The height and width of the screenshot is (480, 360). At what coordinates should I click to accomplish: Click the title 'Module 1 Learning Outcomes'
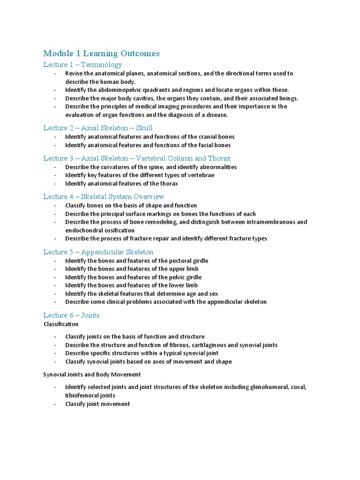point(101,53)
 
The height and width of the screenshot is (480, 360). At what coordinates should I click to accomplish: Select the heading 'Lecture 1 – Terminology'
point(82,65)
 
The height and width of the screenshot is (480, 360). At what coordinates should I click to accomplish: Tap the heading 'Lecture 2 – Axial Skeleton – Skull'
point(98,128)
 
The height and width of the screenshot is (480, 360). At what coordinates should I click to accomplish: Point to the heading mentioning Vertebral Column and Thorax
point(137,158)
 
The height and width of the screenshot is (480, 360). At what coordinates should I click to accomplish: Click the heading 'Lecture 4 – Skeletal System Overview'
point(104,197)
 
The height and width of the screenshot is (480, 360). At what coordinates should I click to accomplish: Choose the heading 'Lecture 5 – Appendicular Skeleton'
point(98,252)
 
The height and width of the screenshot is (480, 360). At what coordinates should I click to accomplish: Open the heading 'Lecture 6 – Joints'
point(71,315)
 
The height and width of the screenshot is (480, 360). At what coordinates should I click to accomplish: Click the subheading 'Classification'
point(61,324)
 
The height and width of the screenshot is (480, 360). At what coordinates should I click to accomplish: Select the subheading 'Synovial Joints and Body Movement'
point(92,375)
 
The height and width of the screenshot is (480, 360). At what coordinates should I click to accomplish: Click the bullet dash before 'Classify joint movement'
point(55,404)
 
